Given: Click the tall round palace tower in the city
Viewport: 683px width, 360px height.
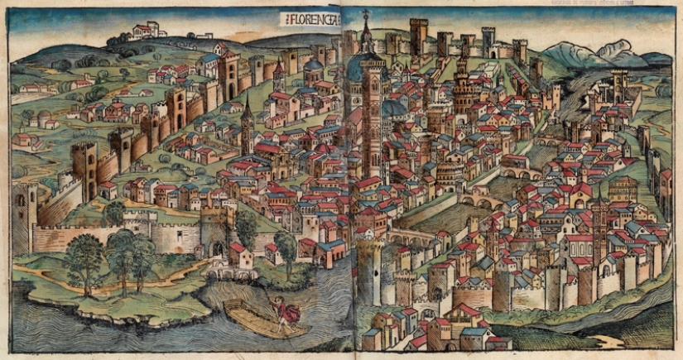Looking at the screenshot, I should click(460, 91).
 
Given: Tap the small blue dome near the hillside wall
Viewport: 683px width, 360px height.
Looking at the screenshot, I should click(314, 66).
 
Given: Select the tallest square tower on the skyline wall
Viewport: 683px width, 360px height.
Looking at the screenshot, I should click(418, 36).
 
